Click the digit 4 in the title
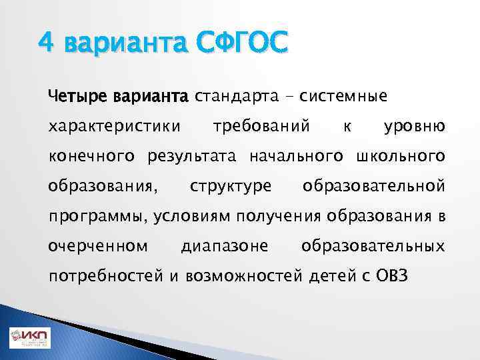point(45,43)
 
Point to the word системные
point(343,97)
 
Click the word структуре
point(231,186)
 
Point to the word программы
point(98,217)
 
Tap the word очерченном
point(98,247)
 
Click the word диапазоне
point(225,247)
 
